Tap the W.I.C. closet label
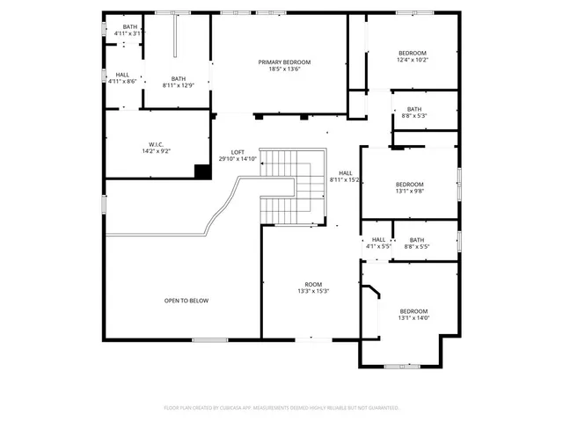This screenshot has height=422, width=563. pyautogui.click(x=157, y=144)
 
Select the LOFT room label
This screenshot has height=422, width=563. pyautogui.click(x=238, y=152)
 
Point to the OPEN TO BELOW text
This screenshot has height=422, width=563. pyautogui.click(x=186, y=301)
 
